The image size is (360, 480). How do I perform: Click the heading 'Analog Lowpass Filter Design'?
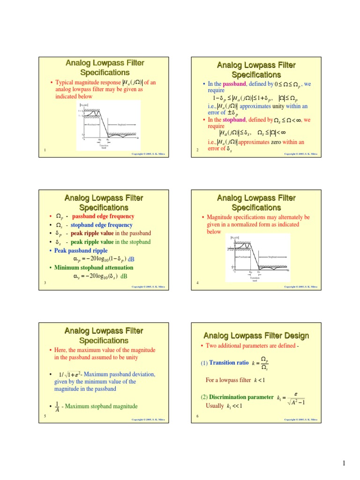coord(256,336)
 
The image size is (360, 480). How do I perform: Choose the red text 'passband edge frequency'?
coord(103,217)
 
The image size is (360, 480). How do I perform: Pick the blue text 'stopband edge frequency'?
coord(102,225)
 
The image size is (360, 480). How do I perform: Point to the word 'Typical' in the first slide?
coord(65,83)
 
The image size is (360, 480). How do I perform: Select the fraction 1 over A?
coord(57,406)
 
